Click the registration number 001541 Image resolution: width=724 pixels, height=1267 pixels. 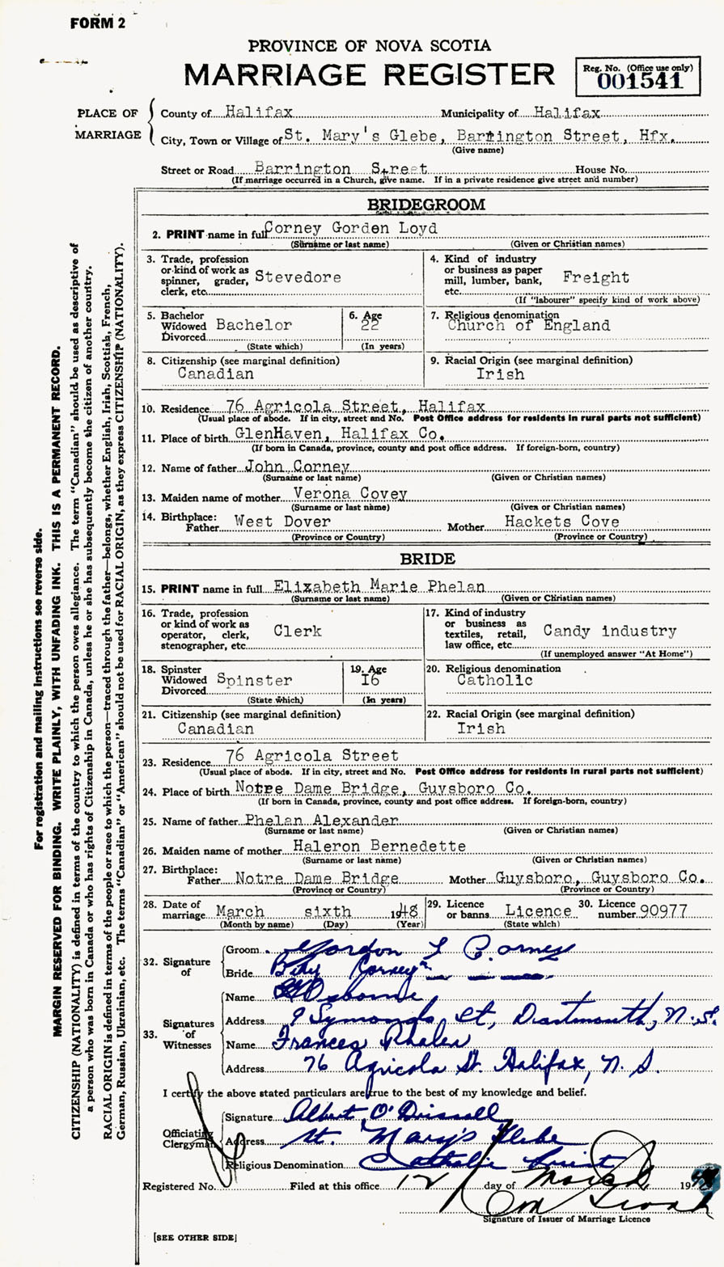click(639, 82)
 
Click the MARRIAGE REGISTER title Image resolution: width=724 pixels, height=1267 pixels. click(370, 74)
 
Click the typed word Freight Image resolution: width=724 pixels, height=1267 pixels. click(596, 277)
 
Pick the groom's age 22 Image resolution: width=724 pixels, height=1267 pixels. click(370, 326)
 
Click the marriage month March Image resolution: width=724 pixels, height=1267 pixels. click(239, 910)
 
